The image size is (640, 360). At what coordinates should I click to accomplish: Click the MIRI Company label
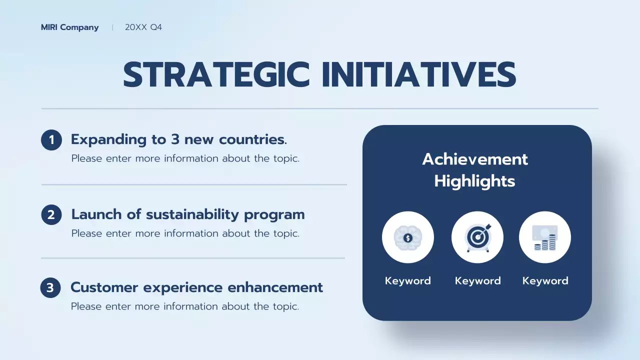point(69,27)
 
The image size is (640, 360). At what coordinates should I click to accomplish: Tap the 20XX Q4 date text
point(143,27)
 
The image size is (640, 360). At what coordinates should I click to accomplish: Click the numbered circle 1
point(51,140)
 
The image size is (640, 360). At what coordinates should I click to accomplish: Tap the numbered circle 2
point(51,215)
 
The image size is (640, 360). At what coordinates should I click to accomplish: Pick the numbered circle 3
point(50,288)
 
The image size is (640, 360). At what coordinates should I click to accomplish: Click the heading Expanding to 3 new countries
point(178,139)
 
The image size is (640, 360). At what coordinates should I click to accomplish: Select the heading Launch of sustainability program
point(187,214)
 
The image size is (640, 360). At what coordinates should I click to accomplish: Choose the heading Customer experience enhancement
point(196,287)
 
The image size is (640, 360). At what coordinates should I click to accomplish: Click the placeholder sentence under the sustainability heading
point(185,233)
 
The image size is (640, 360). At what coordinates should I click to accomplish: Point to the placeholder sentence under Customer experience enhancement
point(184,306)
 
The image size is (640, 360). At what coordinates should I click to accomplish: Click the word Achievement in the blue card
point(475,159)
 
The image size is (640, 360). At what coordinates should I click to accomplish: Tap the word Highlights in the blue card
point(474,181)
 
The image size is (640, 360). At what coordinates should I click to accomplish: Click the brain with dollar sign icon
point(407,237)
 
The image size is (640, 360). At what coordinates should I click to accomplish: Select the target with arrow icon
point(477,237)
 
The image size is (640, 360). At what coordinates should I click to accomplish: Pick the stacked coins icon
point(545,237)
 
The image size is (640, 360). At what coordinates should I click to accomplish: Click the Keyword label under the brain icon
point(407,281)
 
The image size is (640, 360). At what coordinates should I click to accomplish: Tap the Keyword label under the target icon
point(477,281)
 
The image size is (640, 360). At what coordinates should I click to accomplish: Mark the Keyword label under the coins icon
point(545,281)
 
